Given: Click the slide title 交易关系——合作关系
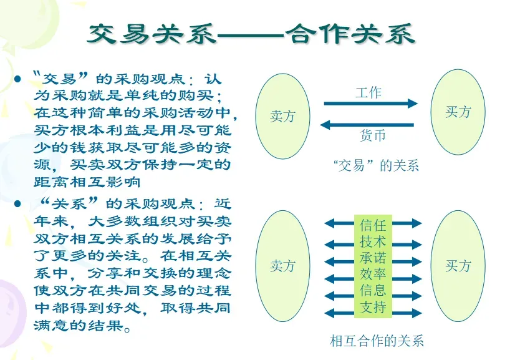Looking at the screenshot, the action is [x=251, y=34].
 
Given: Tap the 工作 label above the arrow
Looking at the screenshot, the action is [x=368, y=92].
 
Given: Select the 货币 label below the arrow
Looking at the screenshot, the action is [x=373, y=135].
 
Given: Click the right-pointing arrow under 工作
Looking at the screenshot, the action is [x=370, y=104].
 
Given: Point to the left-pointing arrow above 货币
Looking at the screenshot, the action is [x=367, y=125].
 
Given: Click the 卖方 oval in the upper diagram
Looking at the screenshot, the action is [x=282, y=116].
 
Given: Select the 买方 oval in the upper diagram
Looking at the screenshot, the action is [x=458, y=112].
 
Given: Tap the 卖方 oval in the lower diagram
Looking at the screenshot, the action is [x=282, y=266].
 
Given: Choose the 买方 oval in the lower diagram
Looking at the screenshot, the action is [x=458, y=266].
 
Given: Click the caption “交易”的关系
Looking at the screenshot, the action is [x=376, y=166].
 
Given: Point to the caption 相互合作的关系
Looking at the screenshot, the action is [x=377, y=341].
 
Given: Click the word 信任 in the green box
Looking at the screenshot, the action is [x=373, y=225].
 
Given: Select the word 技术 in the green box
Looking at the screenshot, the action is [x=373, y=241].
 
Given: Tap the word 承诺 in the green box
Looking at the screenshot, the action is [x=373, y=258].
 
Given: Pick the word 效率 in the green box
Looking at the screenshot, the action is [x=373, y=274].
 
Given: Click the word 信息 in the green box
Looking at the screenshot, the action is [x=373, y=290].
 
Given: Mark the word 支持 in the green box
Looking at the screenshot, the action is [x=373, y=306].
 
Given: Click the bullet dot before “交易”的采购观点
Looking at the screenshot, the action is [x=18, y=79].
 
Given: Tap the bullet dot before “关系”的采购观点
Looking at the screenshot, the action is [x=18, y=204].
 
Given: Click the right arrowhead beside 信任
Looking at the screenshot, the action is [x=416, y=223].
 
